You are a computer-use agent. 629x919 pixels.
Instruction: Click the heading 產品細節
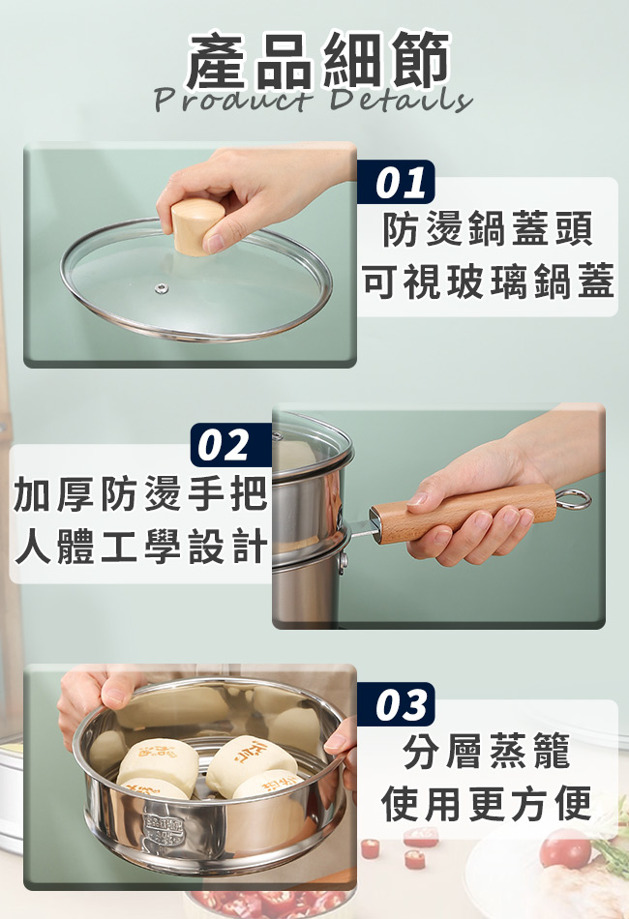tap(317, 60)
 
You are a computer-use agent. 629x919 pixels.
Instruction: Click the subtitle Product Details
tap(314, 99)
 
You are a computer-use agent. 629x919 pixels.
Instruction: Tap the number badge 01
tap(397, 182)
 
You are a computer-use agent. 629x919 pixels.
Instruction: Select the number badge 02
tap(231, 445)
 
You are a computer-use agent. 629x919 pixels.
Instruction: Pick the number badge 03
tap(397, 704)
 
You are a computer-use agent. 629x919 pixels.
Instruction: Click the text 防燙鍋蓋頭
tap(488, 230)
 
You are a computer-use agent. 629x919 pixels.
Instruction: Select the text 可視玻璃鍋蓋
tap(488, 282)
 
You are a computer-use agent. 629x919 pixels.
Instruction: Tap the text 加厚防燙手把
tap(140, 493)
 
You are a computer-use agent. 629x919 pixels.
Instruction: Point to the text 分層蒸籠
tap(487, 752)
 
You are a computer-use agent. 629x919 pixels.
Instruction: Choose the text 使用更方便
tap(487, 803)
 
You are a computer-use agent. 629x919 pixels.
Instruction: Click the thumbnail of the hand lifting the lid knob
tap(190, 255)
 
